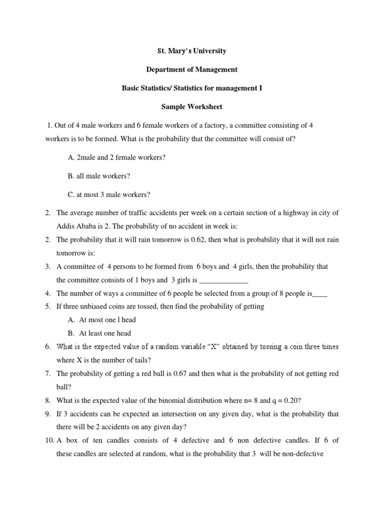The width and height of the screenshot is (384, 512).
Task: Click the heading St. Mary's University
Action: [192, 51]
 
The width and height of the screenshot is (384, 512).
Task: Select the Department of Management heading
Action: [192, 69]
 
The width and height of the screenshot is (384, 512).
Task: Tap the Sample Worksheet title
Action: [192, 107]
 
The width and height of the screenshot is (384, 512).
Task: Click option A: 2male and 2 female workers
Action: [116, 157]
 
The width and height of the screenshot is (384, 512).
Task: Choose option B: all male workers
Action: [99, 175]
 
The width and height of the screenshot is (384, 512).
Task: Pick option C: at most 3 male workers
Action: [108, 194]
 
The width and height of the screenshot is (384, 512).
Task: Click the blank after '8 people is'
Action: [319, 293]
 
